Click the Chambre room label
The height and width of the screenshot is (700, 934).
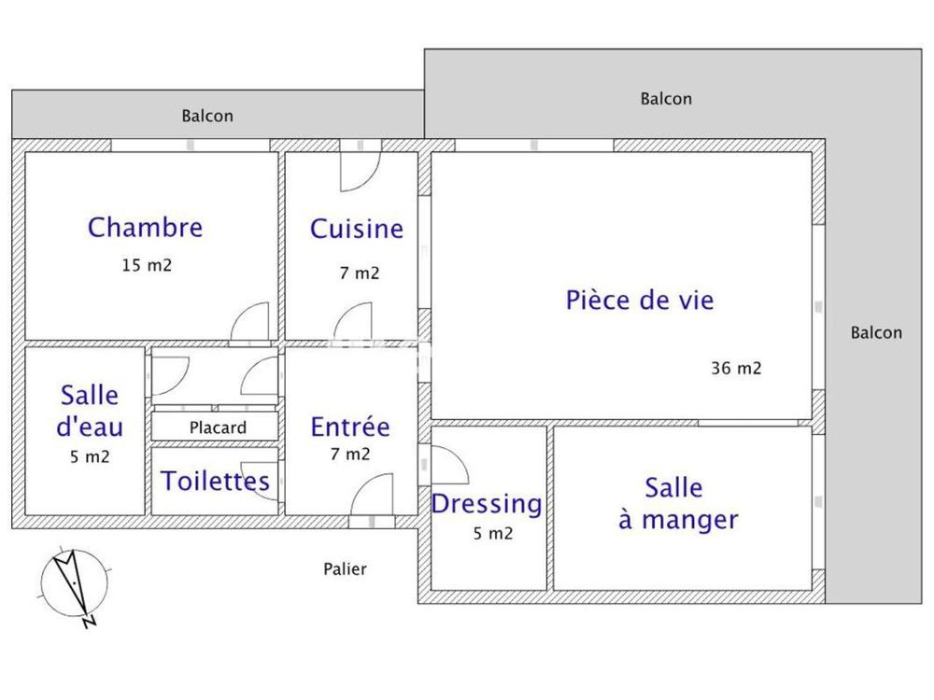[x=145, y=227]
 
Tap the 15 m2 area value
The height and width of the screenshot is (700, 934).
[x=147, y=265]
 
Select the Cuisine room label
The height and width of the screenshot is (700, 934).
[x=357, y=229]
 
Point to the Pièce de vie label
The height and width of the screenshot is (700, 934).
[x=640, y=301]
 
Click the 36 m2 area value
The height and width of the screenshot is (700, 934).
[x=736, y=368]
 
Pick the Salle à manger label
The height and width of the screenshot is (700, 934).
[x=678, y=504]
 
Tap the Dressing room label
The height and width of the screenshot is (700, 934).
[x=486, y=504]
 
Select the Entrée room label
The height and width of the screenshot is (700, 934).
[x=350, y=427]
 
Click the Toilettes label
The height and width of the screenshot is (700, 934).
[x=216, y=482]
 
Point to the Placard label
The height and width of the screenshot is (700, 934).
[x=218, y=428]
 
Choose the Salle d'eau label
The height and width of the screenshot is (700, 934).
[x=91, y=411]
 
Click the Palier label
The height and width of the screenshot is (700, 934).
[x=345, y=568]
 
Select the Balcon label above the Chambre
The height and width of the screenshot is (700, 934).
[x=207, y=117]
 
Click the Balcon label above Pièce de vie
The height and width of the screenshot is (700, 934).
[x=666, y=99]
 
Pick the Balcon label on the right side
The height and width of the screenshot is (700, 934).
[x=876, y=332]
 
